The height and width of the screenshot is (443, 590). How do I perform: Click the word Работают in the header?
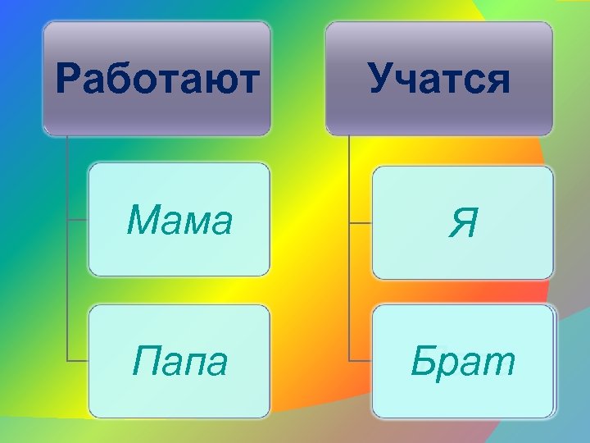point(157,80)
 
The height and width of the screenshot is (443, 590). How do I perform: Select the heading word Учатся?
point(439,80)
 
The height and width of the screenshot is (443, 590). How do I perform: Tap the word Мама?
point(180,221)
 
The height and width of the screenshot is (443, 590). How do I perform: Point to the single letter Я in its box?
point(463,224)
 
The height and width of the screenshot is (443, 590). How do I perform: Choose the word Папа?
point(179,362)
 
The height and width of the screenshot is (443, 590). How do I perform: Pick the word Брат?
point(463,362)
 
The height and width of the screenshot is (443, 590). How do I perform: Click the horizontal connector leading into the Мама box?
point(77,220)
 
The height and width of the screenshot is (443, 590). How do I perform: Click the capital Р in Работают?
point(69,80)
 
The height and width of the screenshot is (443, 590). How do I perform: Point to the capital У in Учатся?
point(382,80)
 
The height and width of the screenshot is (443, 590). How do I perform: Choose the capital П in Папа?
point(145,362)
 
